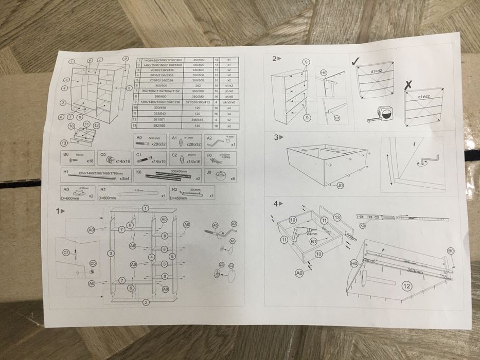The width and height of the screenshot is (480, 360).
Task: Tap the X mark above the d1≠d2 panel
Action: pos(408,83)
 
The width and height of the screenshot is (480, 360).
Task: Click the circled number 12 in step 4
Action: pos(406,286)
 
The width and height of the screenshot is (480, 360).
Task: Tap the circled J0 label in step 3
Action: pos(340,187)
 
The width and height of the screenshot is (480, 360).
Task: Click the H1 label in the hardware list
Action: pos(65,172)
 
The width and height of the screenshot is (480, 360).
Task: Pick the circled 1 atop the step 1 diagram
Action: pos(146,208)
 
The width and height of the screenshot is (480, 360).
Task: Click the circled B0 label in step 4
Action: pos(451,250)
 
